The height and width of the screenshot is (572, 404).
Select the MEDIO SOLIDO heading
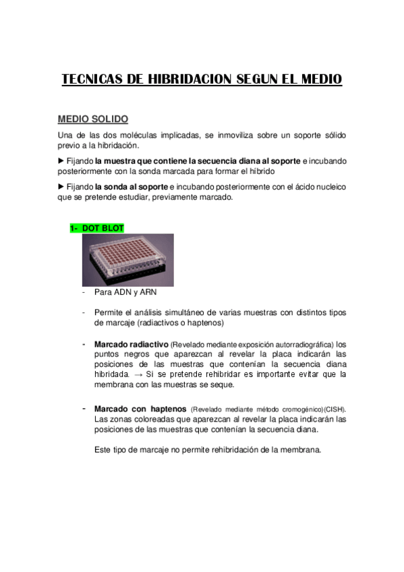pos(92,119)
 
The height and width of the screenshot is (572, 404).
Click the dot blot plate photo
pos(128,260)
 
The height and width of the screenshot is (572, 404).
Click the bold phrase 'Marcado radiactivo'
pos(132,343)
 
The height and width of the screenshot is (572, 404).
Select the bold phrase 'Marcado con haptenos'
pos(140,409)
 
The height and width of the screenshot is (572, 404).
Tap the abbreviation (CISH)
pos(335,409)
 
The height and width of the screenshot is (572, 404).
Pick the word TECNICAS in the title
pos(92,80)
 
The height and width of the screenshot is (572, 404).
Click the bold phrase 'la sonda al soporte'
pos(132,186)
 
